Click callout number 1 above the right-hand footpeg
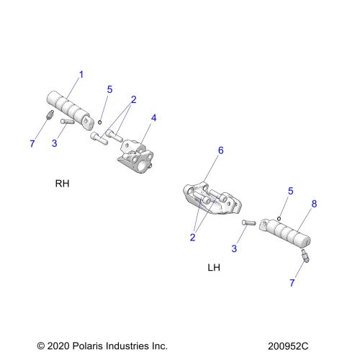coord(81,75)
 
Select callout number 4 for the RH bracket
coord(153,118)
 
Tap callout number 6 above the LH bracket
coord(220,150)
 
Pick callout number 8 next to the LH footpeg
coord(314,204)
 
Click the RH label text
coord(62,184)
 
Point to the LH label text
coord(214,267)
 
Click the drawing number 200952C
coord(288,346)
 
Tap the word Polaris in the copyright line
coord(88,346)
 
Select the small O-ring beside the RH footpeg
coord(100,122)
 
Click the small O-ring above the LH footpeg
coord(279,219)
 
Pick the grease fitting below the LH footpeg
coord(305,256)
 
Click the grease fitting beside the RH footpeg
coord(50,114)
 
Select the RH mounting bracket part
coord(136,156)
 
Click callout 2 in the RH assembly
coord(133,99)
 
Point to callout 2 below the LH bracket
coord(192,238)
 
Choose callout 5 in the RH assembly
coord(109,89)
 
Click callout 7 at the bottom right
coord(292,283)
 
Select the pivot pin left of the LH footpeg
coord(249,222)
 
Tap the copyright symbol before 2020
coord(40,346)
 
